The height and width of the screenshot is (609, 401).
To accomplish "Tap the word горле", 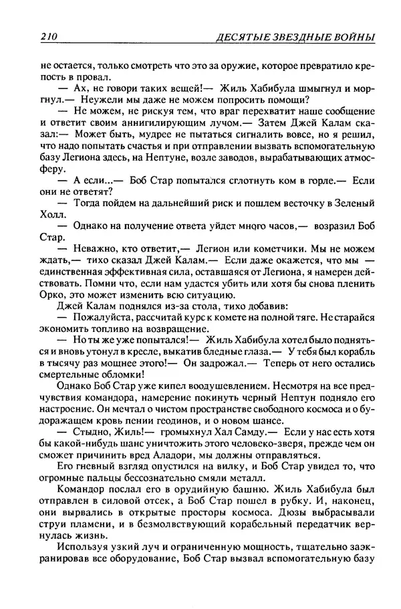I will [x=316, y=199].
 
